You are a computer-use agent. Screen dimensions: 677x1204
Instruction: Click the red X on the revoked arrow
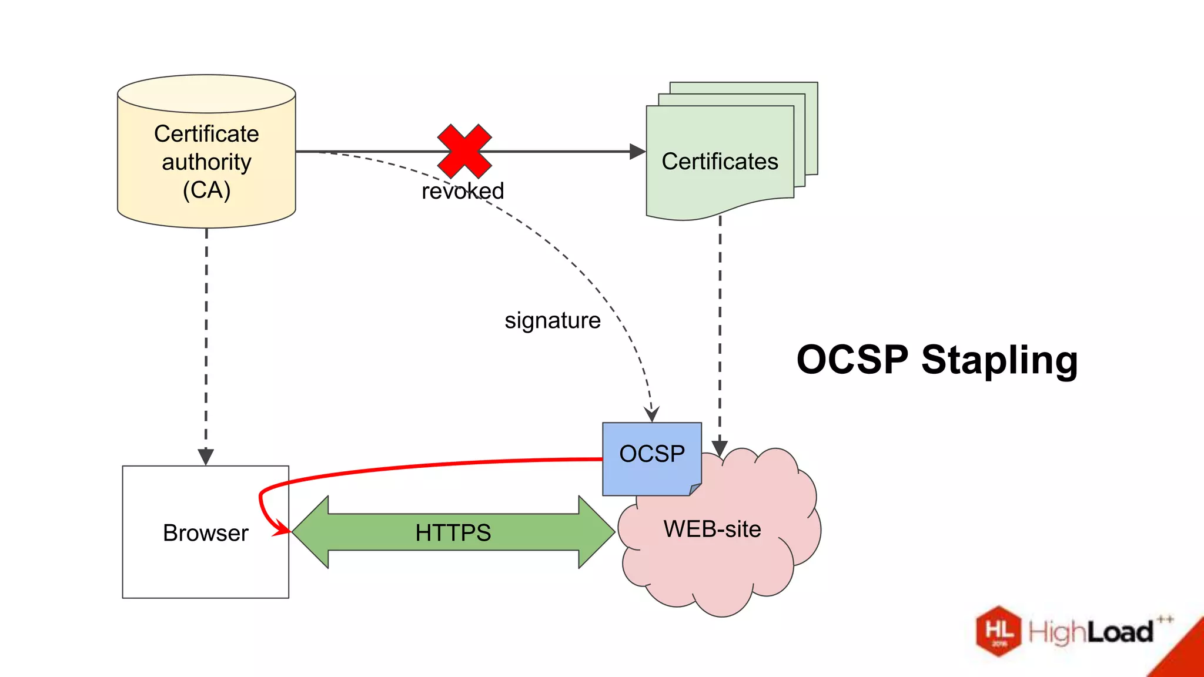coord(464,151)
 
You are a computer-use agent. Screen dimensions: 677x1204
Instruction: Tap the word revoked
coord(463,191)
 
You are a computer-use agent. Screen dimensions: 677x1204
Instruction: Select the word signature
coord(553,321)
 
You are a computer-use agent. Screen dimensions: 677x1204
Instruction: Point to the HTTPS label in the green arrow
coord(453,532)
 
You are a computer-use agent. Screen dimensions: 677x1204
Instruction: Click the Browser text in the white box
coord(205,533)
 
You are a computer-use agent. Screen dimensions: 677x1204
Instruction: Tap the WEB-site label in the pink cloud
coord(712,529)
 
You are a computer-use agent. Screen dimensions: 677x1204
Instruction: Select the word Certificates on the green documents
coord(720,162)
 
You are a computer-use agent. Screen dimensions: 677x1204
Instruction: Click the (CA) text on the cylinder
coord(206,190)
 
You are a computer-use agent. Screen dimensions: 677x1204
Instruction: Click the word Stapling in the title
coord(999,360)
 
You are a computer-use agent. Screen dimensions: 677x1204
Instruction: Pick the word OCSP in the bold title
coord(852,360)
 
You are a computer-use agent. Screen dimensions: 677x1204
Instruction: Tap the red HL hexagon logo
coord(998,631)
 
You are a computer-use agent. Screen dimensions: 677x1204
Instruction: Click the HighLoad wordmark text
coord(1091,632)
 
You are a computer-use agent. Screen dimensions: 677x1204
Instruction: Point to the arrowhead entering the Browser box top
coord(206,457)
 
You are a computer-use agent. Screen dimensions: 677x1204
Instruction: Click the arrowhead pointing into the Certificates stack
coord(637,152)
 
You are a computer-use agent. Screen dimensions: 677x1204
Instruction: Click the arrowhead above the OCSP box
coord(651,414)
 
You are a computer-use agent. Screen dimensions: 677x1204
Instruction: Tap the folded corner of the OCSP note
coord(695,489)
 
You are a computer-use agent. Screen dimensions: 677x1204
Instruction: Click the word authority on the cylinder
coord(206,162)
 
